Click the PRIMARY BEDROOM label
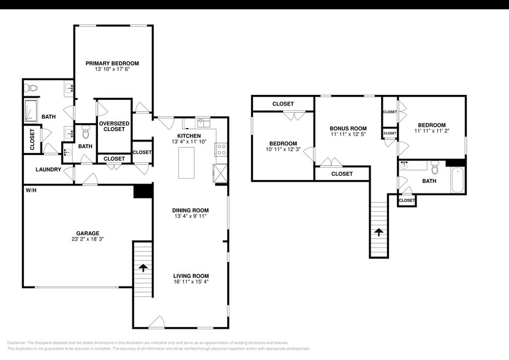[x=112, y=63]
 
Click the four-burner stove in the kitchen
[x=221, y=147]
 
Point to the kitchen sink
[x=203, y=121]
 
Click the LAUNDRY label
[x=47, y=170]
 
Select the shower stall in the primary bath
[x=32, y=111]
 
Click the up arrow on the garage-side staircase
[x=143, y=268]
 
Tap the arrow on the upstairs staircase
[x=379, y=232]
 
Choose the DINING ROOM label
[x=191, y=209]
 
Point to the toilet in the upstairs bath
[x=435, y=166]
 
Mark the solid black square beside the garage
[x=142, y=191]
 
